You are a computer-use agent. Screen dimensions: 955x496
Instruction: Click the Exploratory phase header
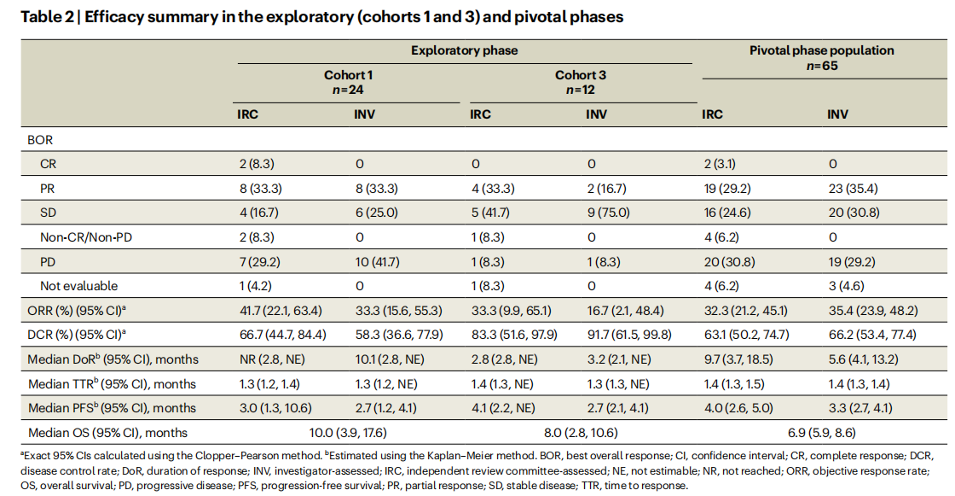[x=464, y=50]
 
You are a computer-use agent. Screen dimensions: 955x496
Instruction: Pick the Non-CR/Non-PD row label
[x=86, y=237]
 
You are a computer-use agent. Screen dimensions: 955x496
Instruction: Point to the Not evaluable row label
[x=78, y=286]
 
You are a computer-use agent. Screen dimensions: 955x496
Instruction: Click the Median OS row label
[x=107, y=433]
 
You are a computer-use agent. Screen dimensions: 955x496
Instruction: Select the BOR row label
[x=40, y=140]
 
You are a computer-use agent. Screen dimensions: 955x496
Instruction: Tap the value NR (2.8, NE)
[x=272, y=359]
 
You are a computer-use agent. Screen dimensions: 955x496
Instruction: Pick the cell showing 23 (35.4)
[x=853, y=189]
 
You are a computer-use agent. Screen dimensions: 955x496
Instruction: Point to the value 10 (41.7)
[x=378, y=262]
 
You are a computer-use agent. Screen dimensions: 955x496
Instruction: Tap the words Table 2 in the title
[x=47, y=16]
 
